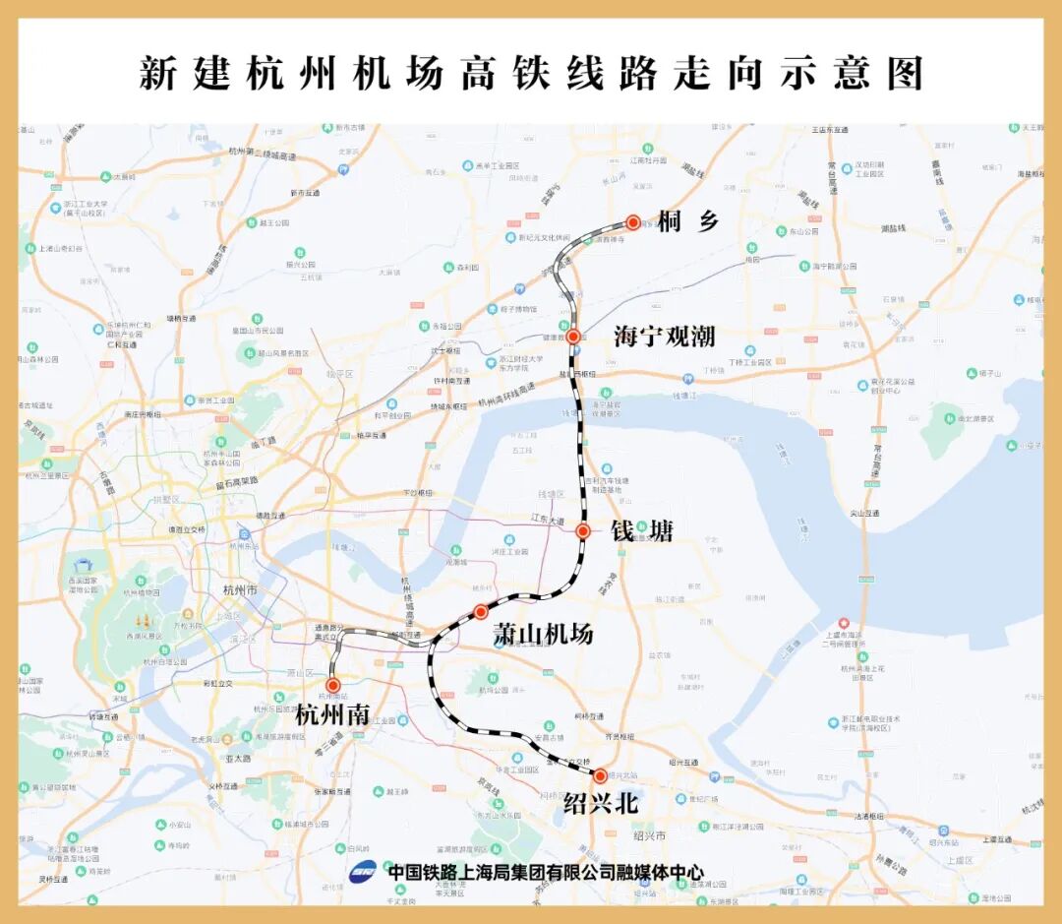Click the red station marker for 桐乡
point(633,222)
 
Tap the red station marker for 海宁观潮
point(573,337)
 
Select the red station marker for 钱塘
point(582,531)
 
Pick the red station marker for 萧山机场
point(481,612)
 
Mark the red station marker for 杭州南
point(333,685)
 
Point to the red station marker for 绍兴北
point(600,775)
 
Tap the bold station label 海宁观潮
point(664,338)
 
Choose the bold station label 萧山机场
point(543,635)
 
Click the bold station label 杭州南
point(333,715)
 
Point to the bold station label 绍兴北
point(601,804)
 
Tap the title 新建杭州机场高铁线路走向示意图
point(530,73)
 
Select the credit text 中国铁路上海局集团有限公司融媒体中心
point(546,872)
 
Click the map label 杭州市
point(240,589)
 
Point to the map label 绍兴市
point(650,835)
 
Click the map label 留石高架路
point(236,483)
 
